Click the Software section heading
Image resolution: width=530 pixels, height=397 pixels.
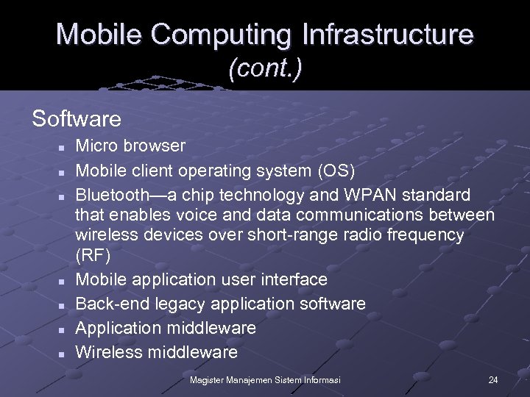(77, 118)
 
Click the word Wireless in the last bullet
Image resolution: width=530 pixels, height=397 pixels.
(109, 352)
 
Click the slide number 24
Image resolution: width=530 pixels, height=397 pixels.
(493, 379)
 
